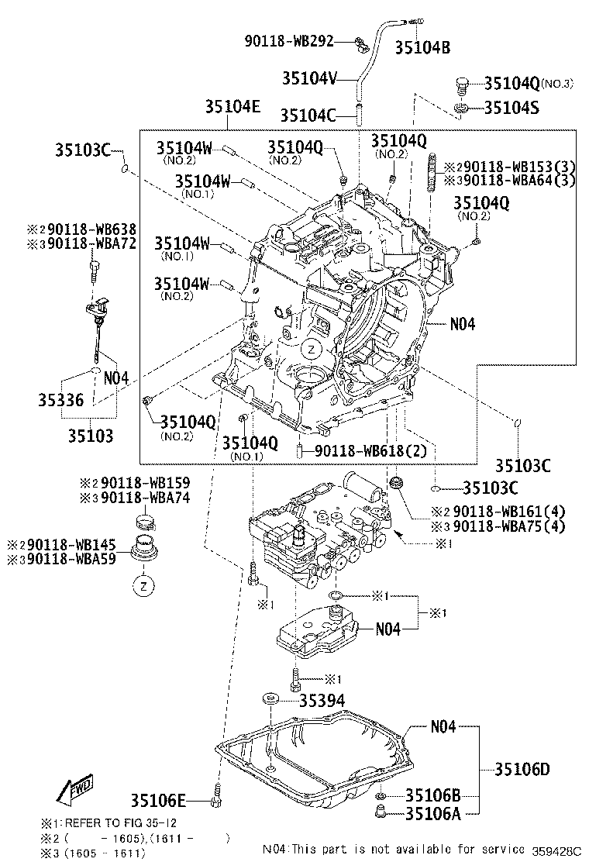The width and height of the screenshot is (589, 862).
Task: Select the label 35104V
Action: pyautogui.click(x=308, y=78)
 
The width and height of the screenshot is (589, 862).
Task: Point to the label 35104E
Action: pyautogui.click(x=232, y=109)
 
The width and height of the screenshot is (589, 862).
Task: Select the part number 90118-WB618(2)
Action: pyautogui.click(x=363, y=451)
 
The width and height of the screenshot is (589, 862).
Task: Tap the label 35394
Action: pyautogui.click(x=322, y=701)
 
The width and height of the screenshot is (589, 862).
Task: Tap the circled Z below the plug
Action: pyautogui.click(x=144, y=587)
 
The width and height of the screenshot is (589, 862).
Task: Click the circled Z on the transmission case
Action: pyautogui.click(x=309, y=349)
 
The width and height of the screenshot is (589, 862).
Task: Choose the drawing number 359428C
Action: pyautogui.click(x=556, y=850)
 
